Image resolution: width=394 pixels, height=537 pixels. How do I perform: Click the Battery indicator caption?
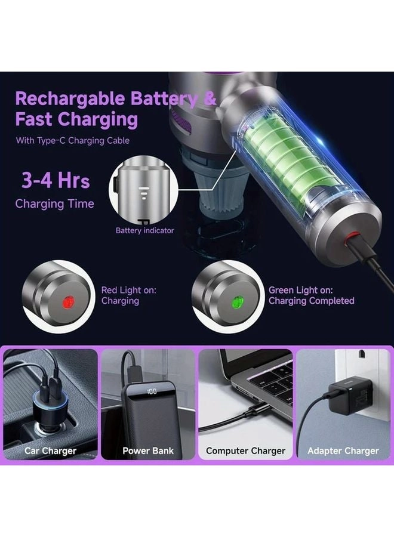[145, 230]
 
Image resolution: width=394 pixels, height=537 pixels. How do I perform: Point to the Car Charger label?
[50, 450]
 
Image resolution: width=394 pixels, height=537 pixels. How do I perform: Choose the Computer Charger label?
[245, 450]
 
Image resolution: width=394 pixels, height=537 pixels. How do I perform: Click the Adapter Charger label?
[343, 450]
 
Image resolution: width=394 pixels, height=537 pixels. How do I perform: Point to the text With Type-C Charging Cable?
[72, 141]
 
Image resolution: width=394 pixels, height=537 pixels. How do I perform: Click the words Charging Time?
[54, 203]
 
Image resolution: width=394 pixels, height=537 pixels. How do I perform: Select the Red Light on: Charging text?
[128, 295]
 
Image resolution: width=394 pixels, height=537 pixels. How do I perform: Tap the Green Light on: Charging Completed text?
[310, 295]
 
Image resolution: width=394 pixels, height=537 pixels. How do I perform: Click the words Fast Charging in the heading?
[76, 119]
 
